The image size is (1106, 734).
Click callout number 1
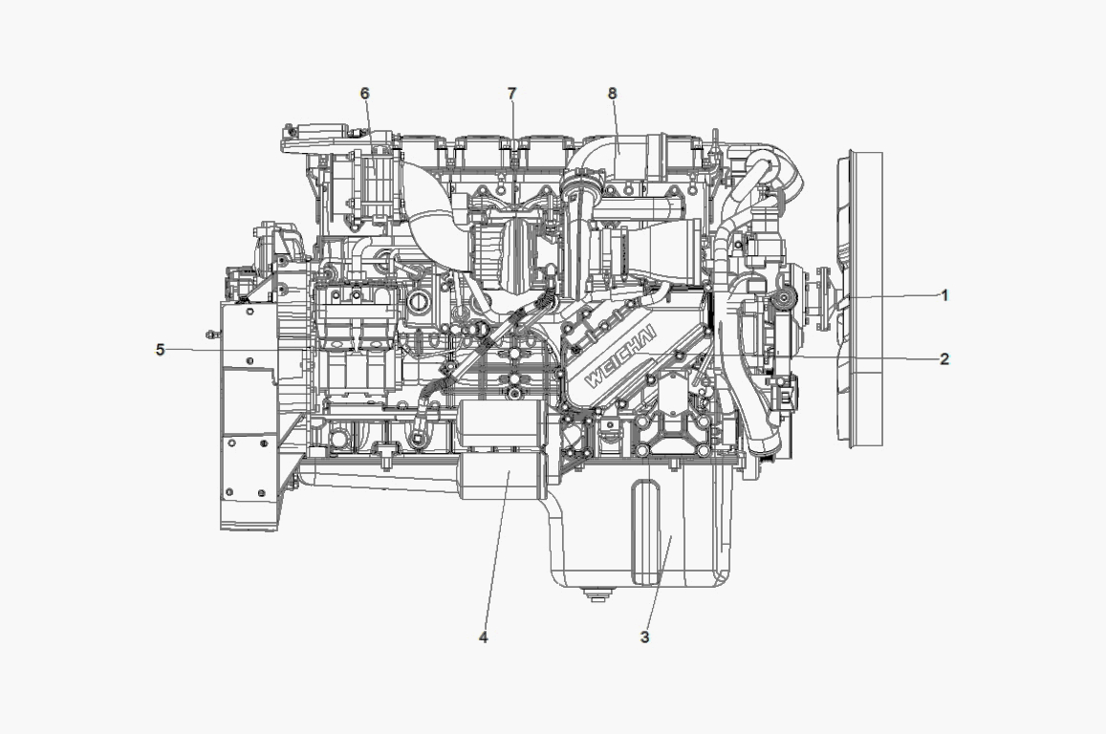click(x=945, y=295)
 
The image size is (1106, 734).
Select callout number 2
click(x=945, y=359)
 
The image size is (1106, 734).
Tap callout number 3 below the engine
click(x=644, y=637)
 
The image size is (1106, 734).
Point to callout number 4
click(x=483, y=637)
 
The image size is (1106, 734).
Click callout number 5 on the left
click(x=160, y=350)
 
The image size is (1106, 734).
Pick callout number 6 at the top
click(x=364, y=93)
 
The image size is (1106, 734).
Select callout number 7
click(x=512, y=93)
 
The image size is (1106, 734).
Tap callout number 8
click(x=612, y=93)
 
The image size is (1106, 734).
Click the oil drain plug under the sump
click(x=597, y=594)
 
